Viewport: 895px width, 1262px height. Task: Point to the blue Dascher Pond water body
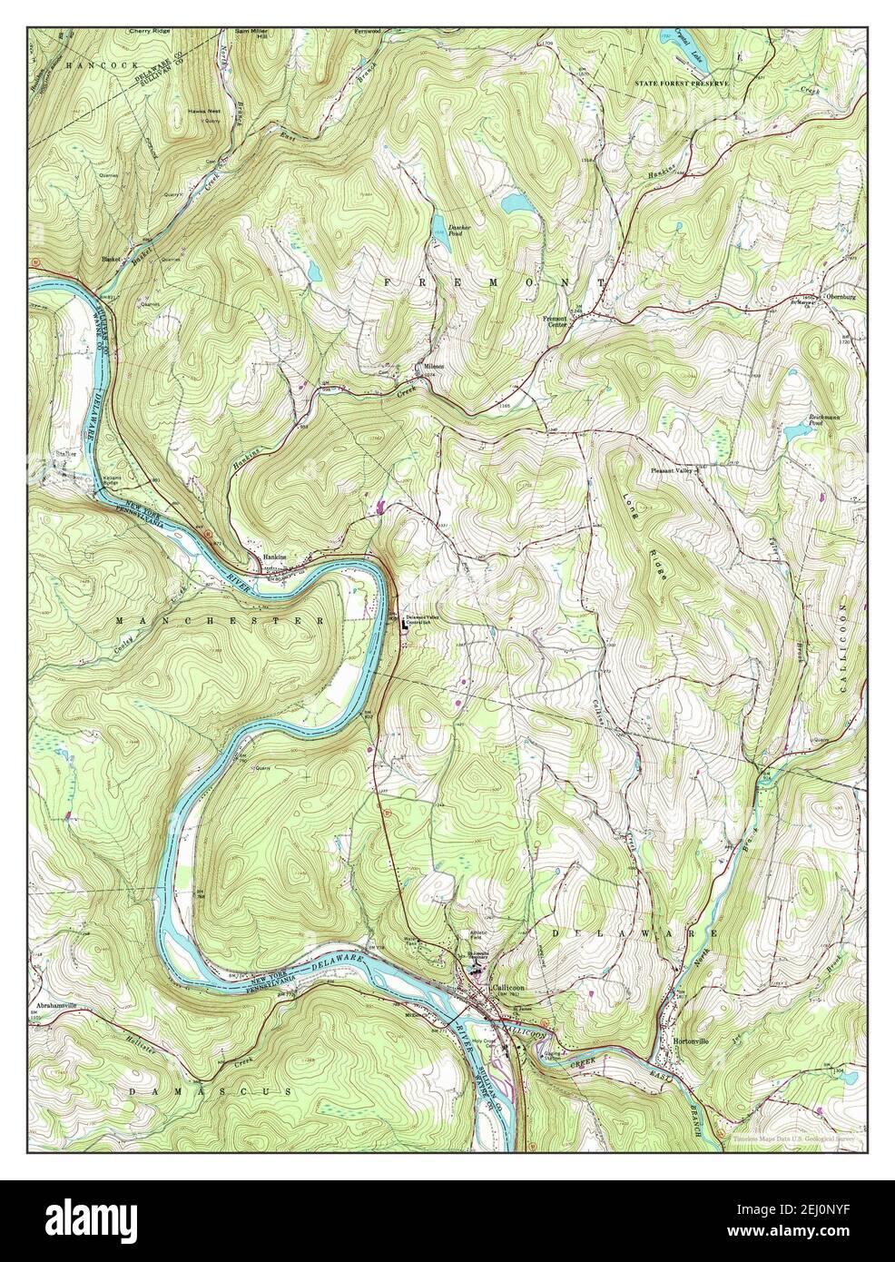[439, 225]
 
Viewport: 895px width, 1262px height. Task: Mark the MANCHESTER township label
[220, 620]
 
